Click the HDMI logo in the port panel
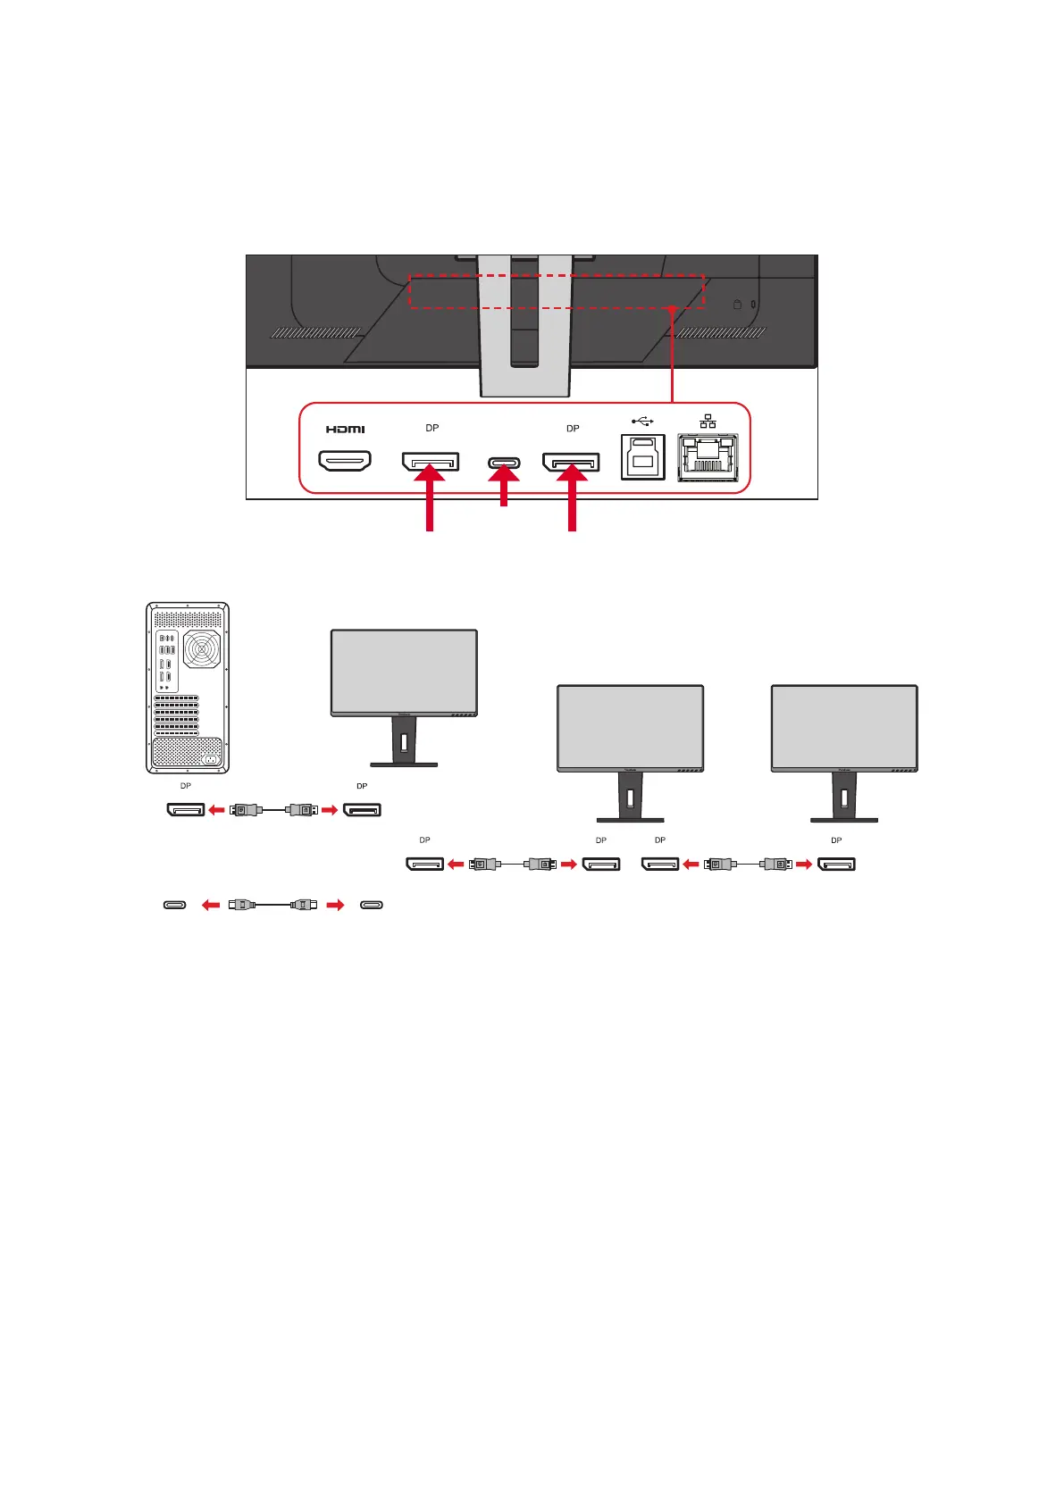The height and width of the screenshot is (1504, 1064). coord(345,430)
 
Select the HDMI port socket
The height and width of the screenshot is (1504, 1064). coord(345,461)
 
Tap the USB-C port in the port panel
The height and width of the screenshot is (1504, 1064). coord(504,463)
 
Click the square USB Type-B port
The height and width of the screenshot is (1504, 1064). coord(643,456)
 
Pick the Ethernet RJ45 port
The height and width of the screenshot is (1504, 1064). coord(708,457)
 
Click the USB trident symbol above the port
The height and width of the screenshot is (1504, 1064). coord(642,421)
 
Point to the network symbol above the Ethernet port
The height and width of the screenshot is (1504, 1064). coord(708,420)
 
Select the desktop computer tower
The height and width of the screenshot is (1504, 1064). coord(188,688)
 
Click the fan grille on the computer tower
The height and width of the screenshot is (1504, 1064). coord(202,649)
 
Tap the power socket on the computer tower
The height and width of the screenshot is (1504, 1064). coord(212,759)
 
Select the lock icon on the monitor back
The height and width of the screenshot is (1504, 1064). coord(737,305)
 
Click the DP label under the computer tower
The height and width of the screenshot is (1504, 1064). coord(186,786)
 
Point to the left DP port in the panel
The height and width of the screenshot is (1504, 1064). coord(431,461)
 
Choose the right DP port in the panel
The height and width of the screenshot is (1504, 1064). coord(571,462)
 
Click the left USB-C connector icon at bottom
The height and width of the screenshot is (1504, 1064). coord(175,905)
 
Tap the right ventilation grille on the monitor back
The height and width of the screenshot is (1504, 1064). coord(721,333)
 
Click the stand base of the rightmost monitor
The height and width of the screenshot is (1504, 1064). coord(844,819)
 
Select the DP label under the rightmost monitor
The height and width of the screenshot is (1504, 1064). coord(836,840)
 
